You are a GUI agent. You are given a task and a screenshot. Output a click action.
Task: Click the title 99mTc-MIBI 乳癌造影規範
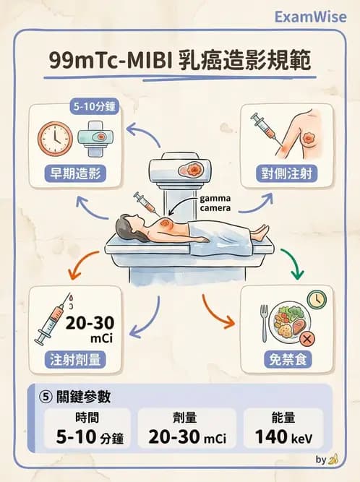point(179,61)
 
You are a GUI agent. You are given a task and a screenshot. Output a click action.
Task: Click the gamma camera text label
point(216,202)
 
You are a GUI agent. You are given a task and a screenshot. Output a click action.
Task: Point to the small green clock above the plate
point(315,299)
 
